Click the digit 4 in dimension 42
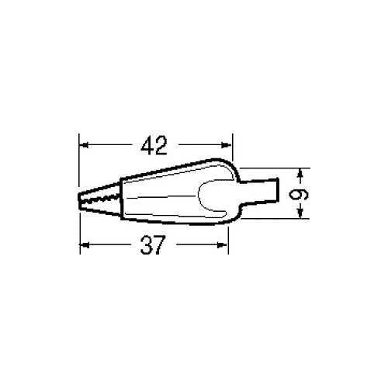click(148, 146)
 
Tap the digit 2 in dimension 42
click(161, 146)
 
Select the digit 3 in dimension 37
click(146, 244)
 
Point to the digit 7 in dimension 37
click(158, 244)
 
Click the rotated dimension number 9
click(298, 194)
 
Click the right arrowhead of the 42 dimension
click(227, 145)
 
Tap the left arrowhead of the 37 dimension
click(85, 244)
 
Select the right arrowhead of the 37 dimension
click(222, 244)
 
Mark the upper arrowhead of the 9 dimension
click(300, 174)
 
